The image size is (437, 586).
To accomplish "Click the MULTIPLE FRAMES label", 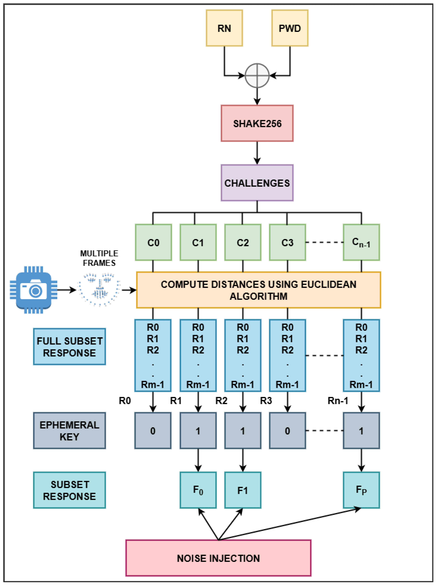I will (99, 258).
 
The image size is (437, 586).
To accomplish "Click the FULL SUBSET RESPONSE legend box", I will (69, 347).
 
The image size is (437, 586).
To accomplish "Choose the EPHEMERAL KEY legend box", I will (69, 430).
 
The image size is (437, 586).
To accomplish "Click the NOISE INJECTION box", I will (218, 558).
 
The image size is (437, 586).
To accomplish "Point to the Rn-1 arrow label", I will (338, 401).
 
